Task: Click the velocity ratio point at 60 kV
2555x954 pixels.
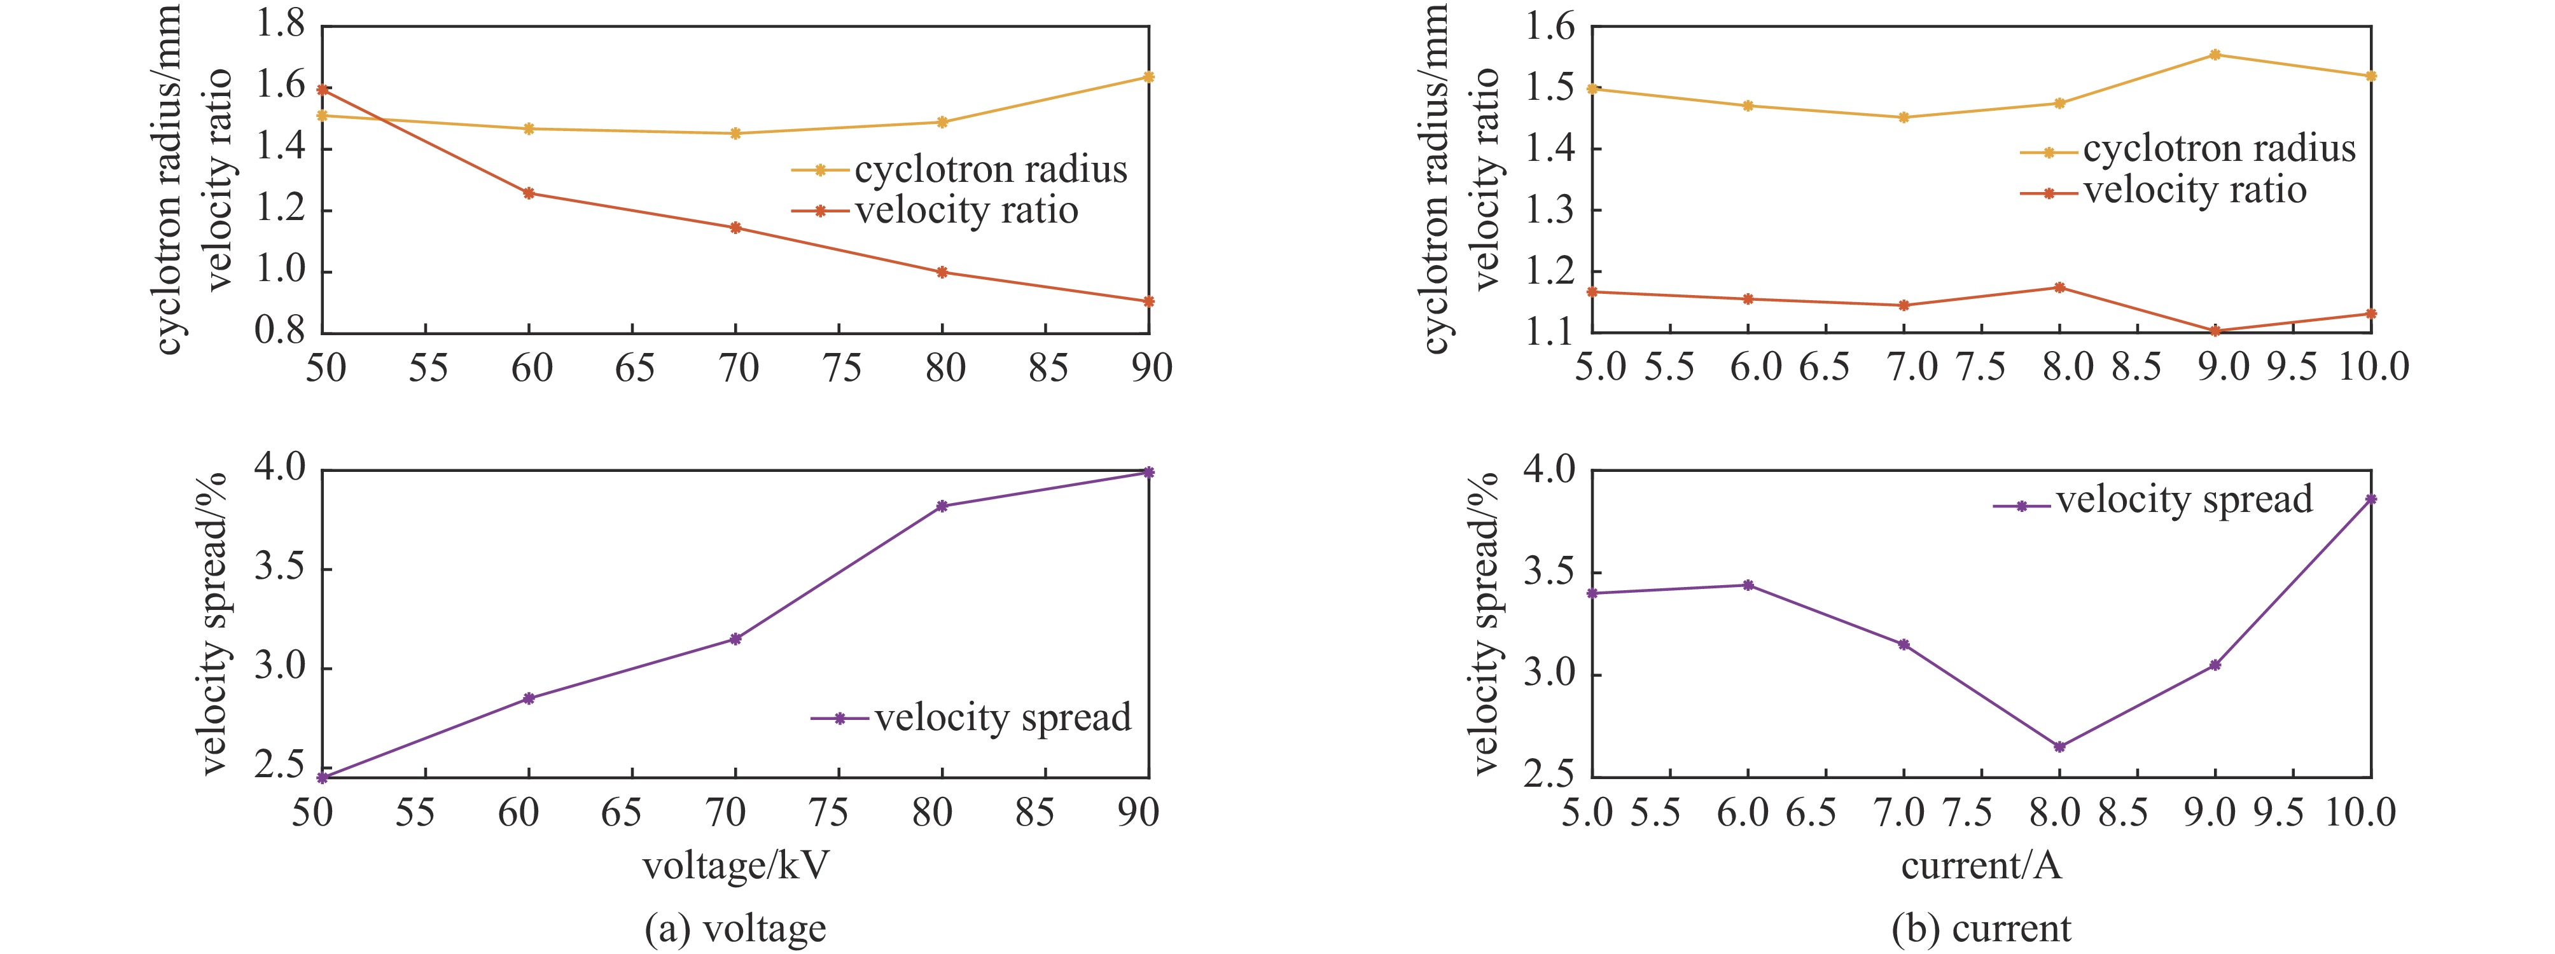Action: [529, 193]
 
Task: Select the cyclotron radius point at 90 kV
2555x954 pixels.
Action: [1148, 78]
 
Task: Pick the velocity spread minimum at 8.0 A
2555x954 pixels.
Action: [2059, 747]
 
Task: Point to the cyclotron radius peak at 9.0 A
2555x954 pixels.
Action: [2215, 55]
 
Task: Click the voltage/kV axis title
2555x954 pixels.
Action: [735, 866]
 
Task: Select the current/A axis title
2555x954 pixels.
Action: [1981, 866]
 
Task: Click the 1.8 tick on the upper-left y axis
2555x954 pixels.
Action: [281, 24]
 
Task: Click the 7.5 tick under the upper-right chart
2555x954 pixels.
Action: [1981, 368]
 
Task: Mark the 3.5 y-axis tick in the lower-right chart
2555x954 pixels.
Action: [1549, 573]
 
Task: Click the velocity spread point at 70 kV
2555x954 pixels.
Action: [735, 639]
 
